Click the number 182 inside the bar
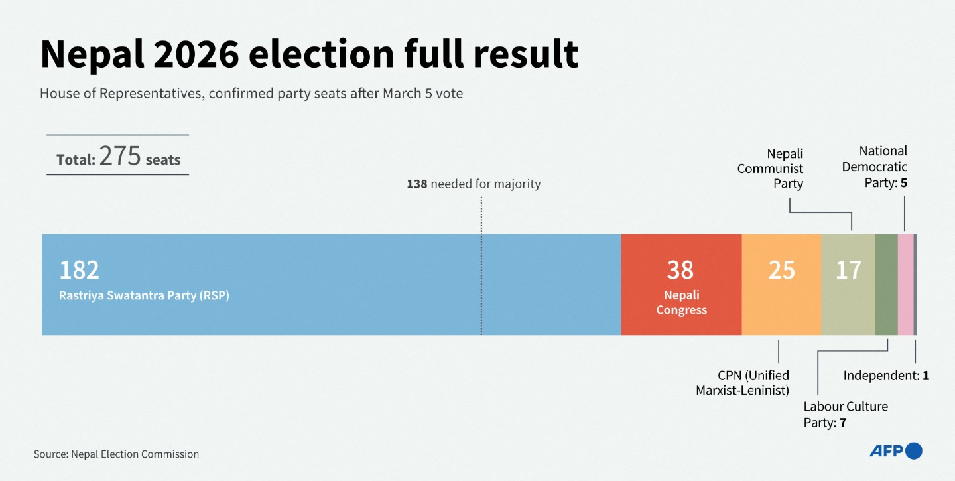pyautogui.click(x=79, y=270)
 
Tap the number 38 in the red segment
pyautogui.click(x=680, y=270)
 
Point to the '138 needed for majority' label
pyautogui.click(x=474, y=184)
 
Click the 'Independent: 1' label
pyautogui.click(x=886, y=376)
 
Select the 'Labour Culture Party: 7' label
pyautogui.click(x=845, y=414)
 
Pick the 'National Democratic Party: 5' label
pyautogui.click(x=875, y=167)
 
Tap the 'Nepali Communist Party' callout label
pyautogui.click(x=770, y=169)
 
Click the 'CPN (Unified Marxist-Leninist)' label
pyautogui.click(x=742, y=383)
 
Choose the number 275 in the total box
pyautogui.click(x=120, y=157)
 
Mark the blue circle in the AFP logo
pyautogui.click(x=913, y=451)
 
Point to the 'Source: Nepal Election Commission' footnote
pyautogui.click(x=116, y=454)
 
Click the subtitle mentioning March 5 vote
pyautogui.click(x=251, y=94)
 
